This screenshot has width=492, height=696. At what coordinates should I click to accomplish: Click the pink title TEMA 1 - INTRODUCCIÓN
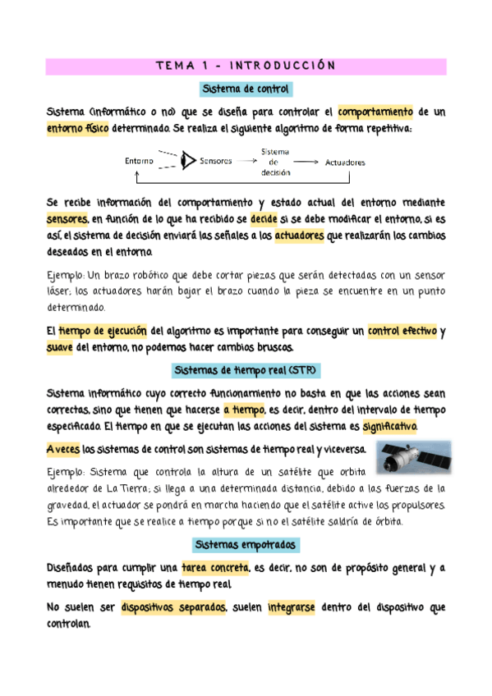(246, 66)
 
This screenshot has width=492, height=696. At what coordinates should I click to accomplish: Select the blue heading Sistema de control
(246, 88)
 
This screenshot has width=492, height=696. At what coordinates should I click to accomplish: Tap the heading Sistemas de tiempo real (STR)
(246, 370)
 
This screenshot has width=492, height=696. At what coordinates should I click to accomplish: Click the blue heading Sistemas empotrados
(246, 545)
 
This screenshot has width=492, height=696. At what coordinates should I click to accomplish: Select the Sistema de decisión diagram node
(274, 163)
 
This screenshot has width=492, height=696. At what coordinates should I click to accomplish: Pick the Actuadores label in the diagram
(345, 163)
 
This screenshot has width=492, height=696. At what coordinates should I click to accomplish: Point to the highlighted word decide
(264, 220)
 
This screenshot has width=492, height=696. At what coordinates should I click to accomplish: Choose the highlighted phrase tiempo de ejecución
(103, 332)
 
